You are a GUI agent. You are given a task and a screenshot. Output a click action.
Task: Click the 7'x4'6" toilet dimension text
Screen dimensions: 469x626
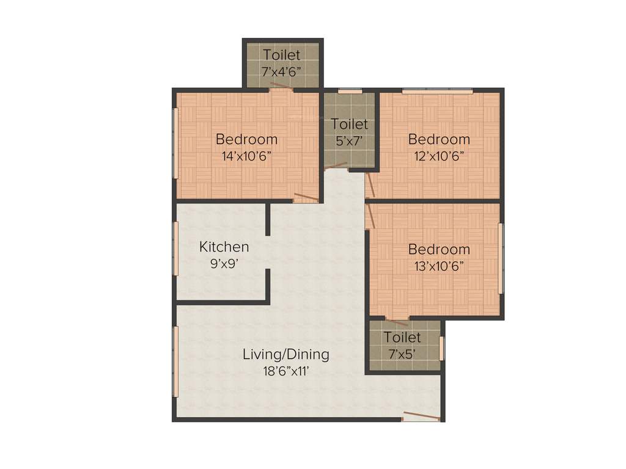click(x=282, y=71)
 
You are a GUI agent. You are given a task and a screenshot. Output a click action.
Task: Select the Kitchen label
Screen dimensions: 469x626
click(x=224, y=247)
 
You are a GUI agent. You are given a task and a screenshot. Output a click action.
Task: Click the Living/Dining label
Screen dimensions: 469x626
click(x=286, y=354)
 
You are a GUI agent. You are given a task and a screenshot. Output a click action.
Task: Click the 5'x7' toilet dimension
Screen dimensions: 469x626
click(x=350, y=140)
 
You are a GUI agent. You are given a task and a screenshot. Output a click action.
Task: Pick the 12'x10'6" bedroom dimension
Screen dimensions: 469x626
click(x=439, y=155)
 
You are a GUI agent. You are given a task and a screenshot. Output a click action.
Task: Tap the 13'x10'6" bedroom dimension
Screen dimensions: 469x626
click(x=439, y=266)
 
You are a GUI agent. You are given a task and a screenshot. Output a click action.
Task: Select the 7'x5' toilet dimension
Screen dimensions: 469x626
click(x=402, y=353)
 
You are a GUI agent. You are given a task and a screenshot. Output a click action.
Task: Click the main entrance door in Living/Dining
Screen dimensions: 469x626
click(x=421, y=417)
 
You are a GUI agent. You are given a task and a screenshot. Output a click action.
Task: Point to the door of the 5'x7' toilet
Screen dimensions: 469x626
click(x=336, y=164)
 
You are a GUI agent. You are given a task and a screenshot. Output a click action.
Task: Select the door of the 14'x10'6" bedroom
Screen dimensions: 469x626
click(x=306, y=198)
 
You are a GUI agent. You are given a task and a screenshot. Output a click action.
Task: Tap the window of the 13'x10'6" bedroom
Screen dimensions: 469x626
click(x=501, y=258)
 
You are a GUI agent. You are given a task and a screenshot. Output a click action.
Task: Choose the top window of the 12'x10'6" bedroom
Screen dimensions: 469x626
click(x=437, y=92)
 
